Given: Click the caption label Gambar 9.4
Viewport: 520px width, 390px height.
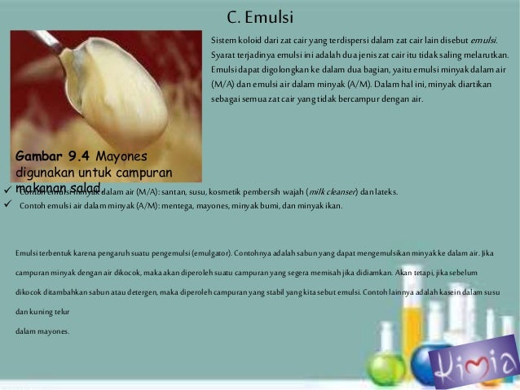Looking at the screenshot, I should click(x=52, y=156).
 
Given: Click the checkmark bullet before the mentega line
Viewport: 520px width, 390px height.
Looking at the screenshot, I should click(x=7, y=205).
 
